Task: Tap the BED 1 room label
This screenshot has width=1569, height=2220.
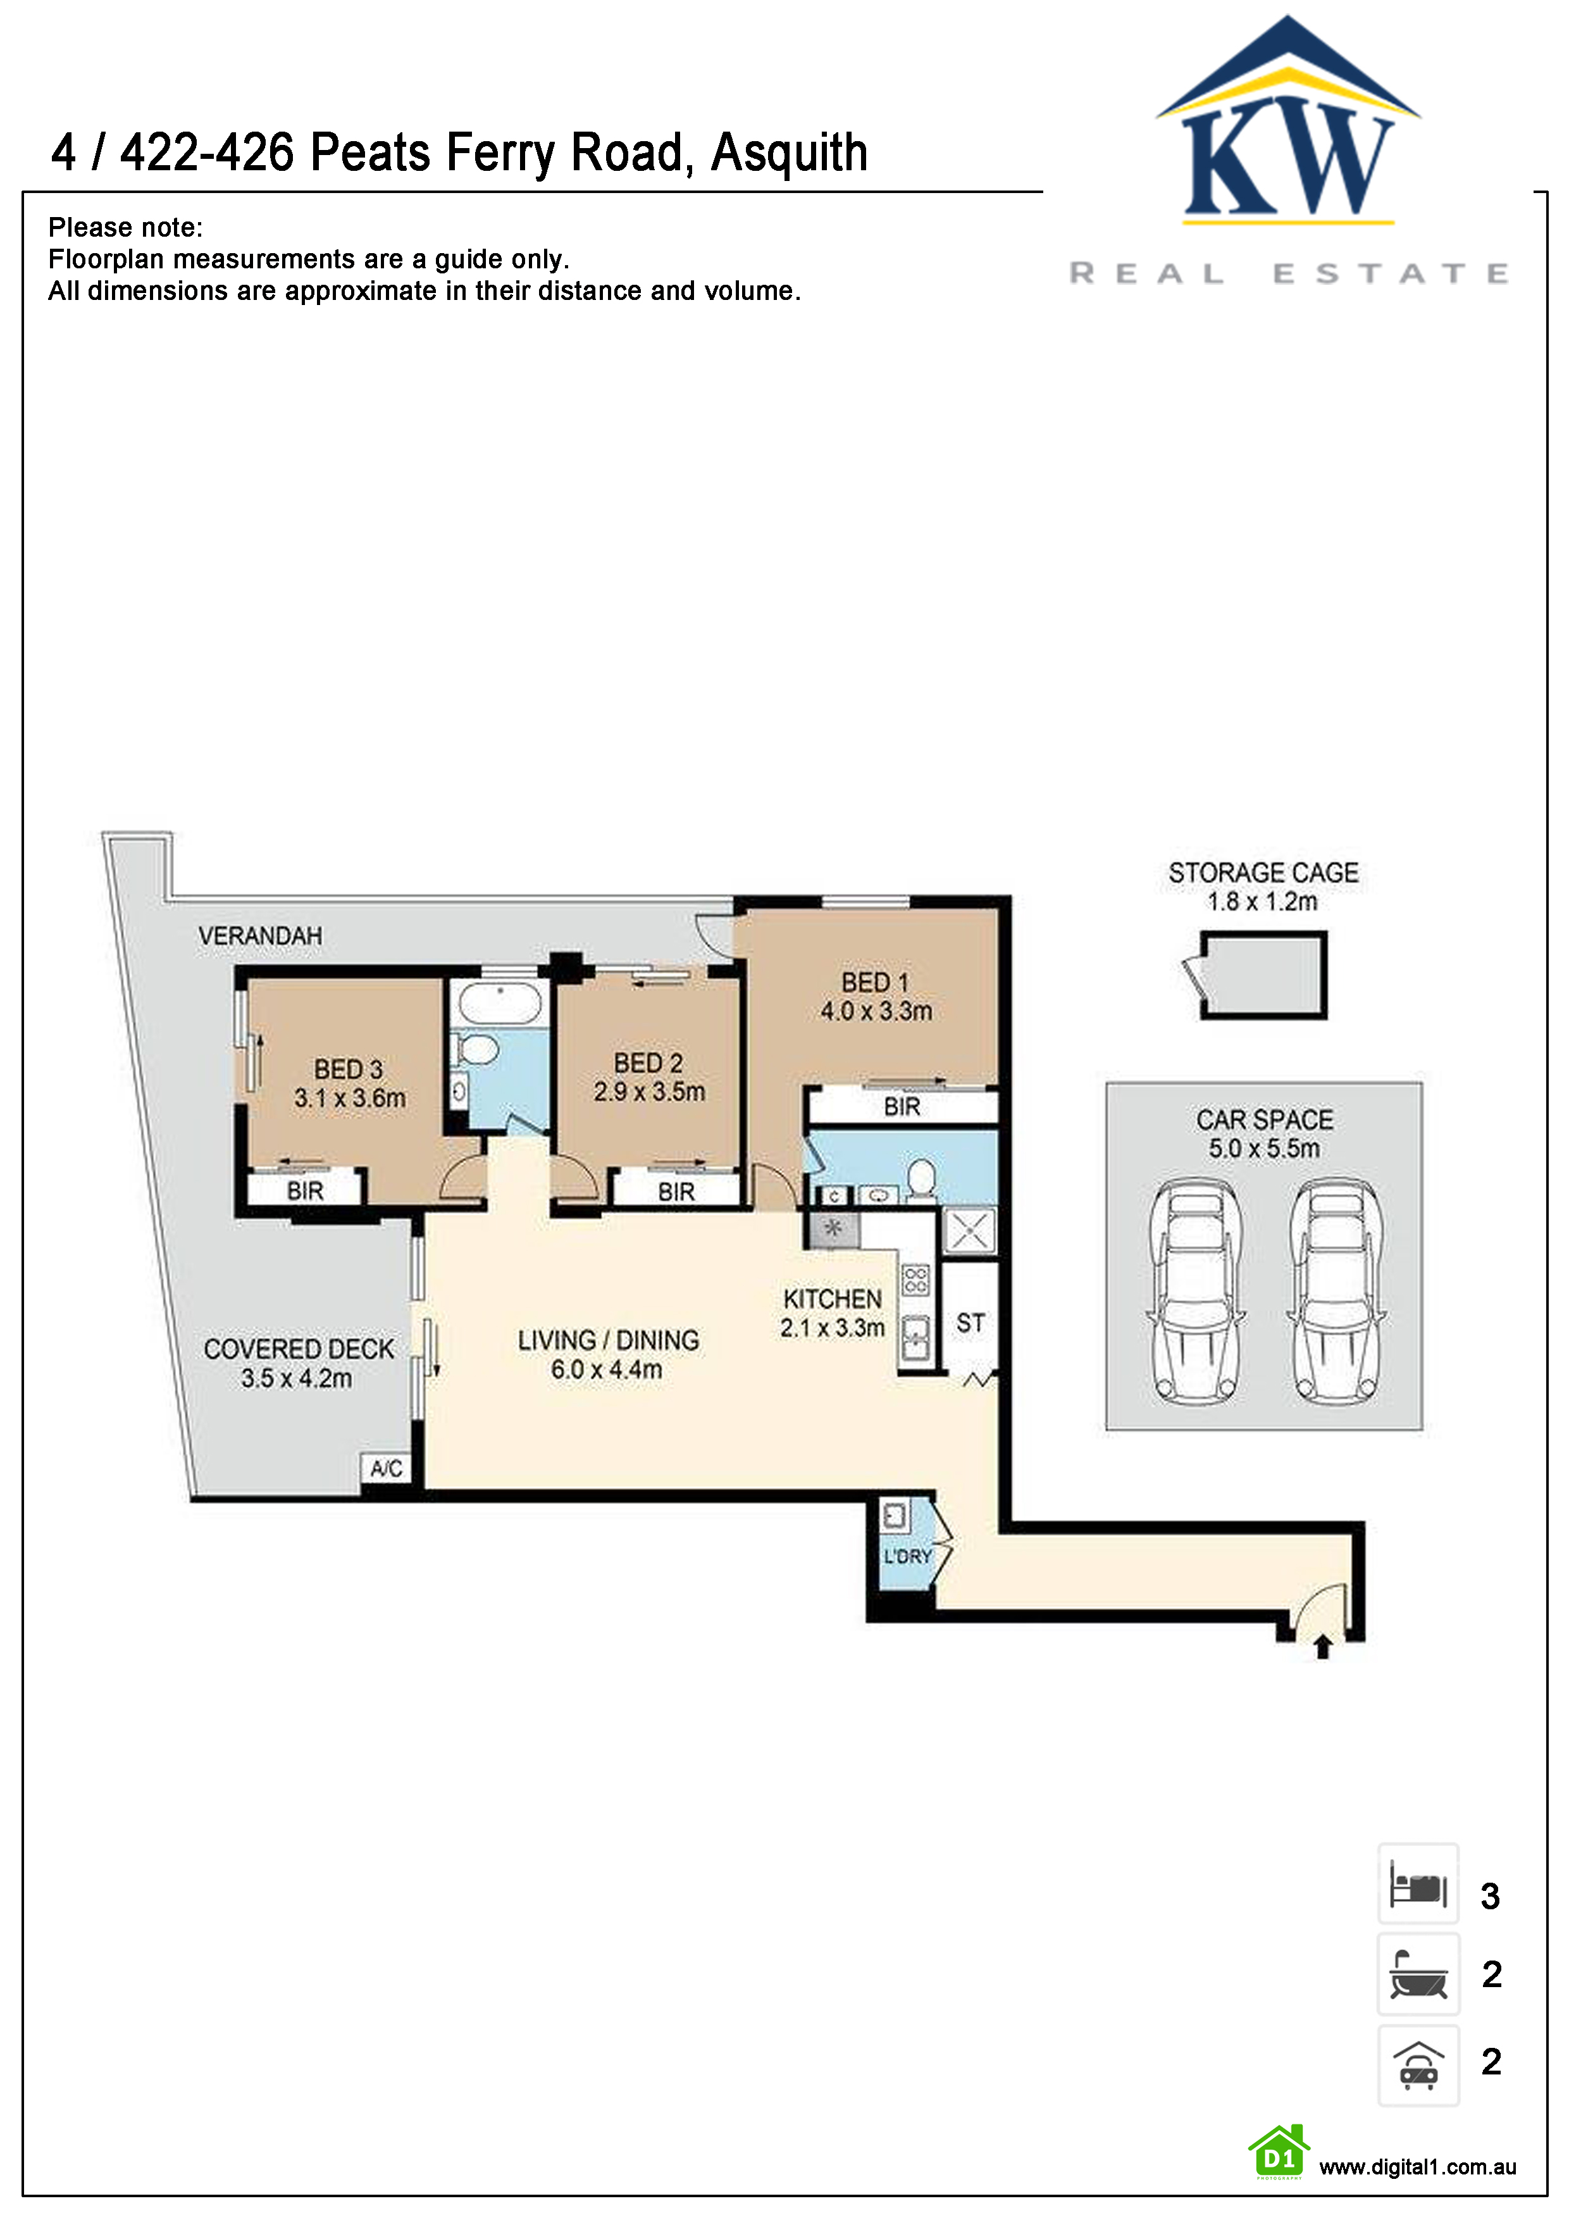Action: click(875, 982)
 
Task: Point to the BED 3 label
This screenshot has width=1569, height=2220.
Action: click(348, 1069)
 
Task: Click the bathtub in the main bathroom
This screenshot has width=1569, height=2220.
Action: click(500, 1004)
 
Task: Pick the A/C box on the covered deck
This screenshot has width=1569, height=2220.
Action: click(387, 1468)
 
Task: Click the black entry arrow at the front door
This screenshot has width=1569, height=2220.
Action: click(1324, 1645)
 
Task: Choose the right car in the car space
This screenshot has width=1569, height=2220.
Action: click(1336, 1291)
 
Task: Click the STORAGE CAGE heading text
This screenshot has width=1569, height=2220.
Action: click(1263, 873)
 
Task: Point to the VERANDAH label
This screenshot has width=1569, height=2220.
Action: click(260, 936)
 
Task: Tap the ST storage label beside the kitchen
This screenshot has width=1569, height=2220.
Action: click(971, 1323)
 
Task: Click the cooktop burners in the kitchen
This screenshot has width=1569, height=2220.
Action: click(915, 1281)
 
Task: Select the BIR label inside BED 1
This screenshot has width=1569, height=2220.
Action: click(902, 1107)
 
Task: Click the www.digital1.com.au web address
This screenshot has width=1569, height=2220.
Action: click(1417, 2167)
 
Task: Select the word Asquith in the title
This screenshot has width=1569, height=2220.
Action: click(789, 153)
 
